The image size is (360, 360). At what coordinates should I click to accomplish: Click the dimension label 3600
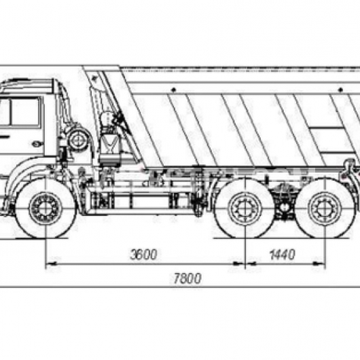(x=143, y=254)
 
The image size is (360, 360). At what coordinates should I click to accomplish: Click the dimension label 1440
(x=282, y=255)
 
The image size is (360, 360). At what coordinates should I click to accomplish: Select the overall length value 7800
(x=187, y=278)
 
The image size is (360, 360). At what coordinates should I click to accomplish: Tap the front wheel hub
(x=46, y=209)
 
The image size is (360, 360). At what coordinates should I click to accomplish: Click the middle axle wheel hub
(x=245, y=209)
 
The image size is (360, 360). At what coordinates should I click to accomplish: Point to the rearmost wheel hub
(x=325, y=209)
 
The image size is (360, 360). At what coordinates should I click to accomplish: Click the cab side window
(x=25, y=111)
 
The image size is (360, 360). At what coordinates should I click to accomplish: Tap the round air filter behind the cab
(x=78, y=141)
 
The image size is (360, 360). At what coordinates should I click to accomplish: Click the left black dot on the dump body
(x=174, y=89)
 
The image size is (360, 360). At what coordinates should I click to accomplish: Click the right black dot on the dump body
(x=341, y=90)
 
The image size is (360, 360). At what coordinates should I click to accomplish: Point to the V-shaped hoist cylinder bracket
(x=110, y=143)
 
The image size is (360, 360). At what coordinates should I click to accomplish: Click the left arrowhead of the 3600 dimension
(x=51, y=264)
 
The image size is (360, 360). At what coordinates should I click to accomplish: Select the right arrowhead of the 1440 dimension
(x=320, y=264)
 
